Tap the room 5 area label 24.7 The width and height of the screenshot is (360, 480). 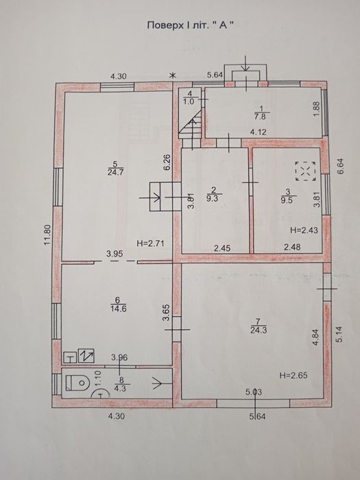click(x=115, y=172)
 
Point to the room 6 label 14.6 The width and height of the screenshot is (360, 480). click(x=118, y=309)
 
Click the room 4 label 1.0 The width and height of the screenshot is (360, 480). click(x=189, y=101)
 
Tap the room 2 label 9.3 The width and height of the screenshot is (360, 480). click(x=214, y=198)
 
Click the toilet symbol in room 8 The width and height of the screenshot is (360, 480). click(x=77, y=383)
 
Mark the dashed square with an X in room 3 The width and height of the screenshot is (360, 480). click(x=306, y=171)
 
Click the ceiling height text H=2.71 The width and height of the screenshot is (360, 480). click(x=151, y=243)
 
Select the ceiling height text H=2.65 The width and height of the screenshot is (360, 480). click(x=293, y=375)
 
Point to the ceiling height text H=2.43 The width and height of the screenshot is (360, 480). click(x=304, y=230)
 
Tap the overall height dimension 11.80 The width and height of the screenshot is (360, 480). click(x=47, y=235)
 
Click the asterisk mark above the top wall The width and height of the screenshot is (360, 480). click(x=173, y=75)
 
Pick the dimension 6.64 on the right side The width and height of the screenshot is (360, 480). click(x=341, y=166)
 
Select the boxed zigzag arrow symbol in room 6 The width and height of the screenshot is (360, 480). click(x=86, y=356)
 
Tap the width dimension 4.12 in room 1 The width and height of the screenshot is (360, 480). click(x=259, y=132)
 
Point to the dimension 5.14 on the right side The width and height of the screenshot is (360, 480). click(x=340, y=335)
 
